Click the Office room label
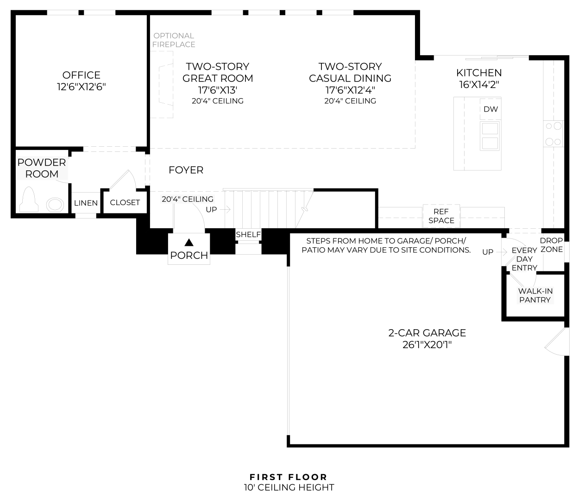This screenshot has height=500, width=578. click(82, 75)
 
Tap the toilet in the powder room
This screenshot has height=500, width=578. click(29, 199)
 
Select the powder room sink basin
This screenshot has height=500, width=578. click(55, 205)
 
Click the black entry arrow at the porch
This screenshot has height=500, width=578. click(189, 242)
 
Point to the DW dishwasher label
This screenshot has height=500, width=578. click(490, 109)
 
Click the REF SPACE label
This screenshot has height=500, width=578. click(441, 216)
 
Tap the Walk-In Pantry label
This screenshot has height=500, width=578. click(535, 295)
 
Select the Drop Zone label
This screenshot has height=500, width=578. click(552, 245)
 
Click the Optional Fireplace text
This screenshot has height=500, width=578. click(174, 40)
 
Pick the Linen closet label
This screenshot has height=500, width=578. click(86, 203)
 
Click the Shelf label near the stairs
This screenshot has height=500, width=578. click(248, 234)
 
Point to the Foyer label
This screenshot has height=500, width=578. click(186, 170)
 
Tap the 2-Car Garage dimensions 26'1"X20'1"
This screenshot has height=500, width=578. click(427, 345)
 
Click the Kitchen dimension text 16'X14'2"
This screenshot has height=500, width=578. click(479, 84)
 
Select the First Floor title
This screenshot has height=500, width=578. click(288, 477)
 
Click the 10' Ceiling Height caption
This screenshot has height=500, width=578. click(289, 487)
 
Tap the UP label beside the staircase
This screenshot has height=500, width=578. click(211, 210)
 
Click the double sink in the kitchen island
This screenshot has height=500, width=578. click(490, 136)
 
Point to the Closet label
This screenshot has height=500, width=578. click(125, 202)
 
